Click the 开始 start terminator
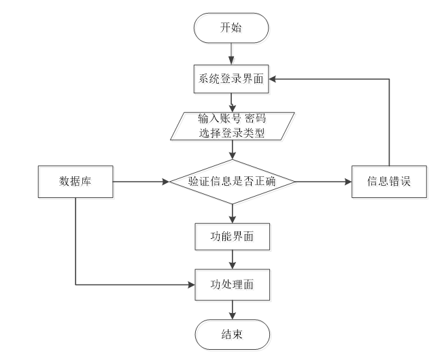click(x=231, y=28)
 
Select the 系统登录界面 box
click(x=231, y=79)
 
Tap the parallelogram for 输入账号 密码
click(x=233, y=126)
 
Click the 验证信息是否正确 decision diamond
click(x=233, y=182)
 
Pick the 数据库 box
click(x=75, y=182)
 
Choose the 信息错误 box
click(x=389, y=182)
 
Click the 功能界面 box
click(x=233, y=237)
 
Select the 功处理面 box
click(x=233, y=284)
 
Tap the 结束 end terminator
click(x=233, y=335)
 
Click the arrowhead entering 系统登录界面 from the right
click(x=272, y=79)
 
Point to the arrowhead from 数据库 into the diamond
click(x=166, y=182)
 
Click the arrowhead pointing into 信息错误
click(x=348, y=182)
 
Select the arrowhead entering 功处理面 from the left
click(x=191, y=284)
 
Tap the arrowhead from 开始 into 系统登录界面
click(x=231, y=61)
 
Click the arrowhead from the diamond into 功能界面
click(x=233, y=220)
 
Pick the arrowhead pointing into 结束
click(x=233, y=316)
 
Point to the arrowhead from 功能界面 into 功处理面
click(x=233, y=265)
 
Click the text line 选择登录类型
click(x=232, y=133)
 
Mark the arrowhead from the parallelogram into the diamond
click(x=233, y=156)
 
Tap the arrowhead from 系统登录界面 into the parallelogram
click(x=233, y=109)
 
